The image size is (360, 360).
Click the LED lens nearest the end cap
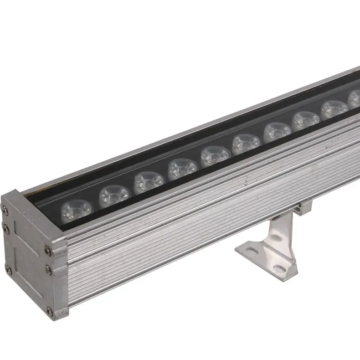(77, 211)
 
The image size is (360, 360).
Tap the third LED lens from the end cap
(149, 182)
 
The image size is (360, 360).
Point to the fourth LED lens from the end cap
(182, 169)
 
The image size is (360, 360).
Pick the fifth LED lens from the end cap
(215, 156)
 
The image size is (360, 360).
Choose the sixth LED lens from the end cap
(246, 144)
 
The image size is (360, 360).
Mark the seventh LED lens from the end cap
(277, 132)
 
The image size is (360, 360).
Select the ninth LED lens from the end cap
(334, 110)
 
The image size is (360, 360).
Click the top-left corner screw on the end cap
(5, 209)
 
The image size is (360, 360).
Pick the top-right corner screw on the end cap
(48, 249)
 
